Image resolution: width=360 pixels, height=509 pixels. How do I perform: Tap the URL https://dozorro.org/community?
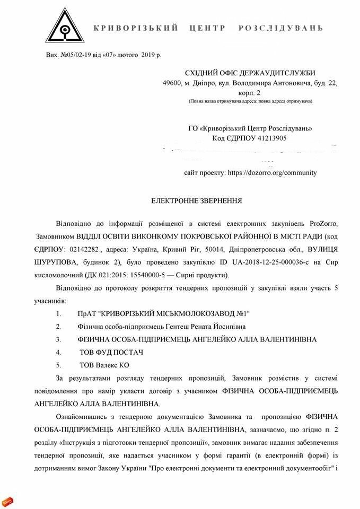(x=272, y=172)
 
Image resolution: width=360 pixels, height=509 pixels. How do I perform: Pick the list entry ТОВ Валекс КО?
(x=104, y=364)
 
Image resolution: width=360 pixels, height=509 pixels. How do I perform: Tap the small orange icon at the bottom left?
(x=7, y=501)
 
